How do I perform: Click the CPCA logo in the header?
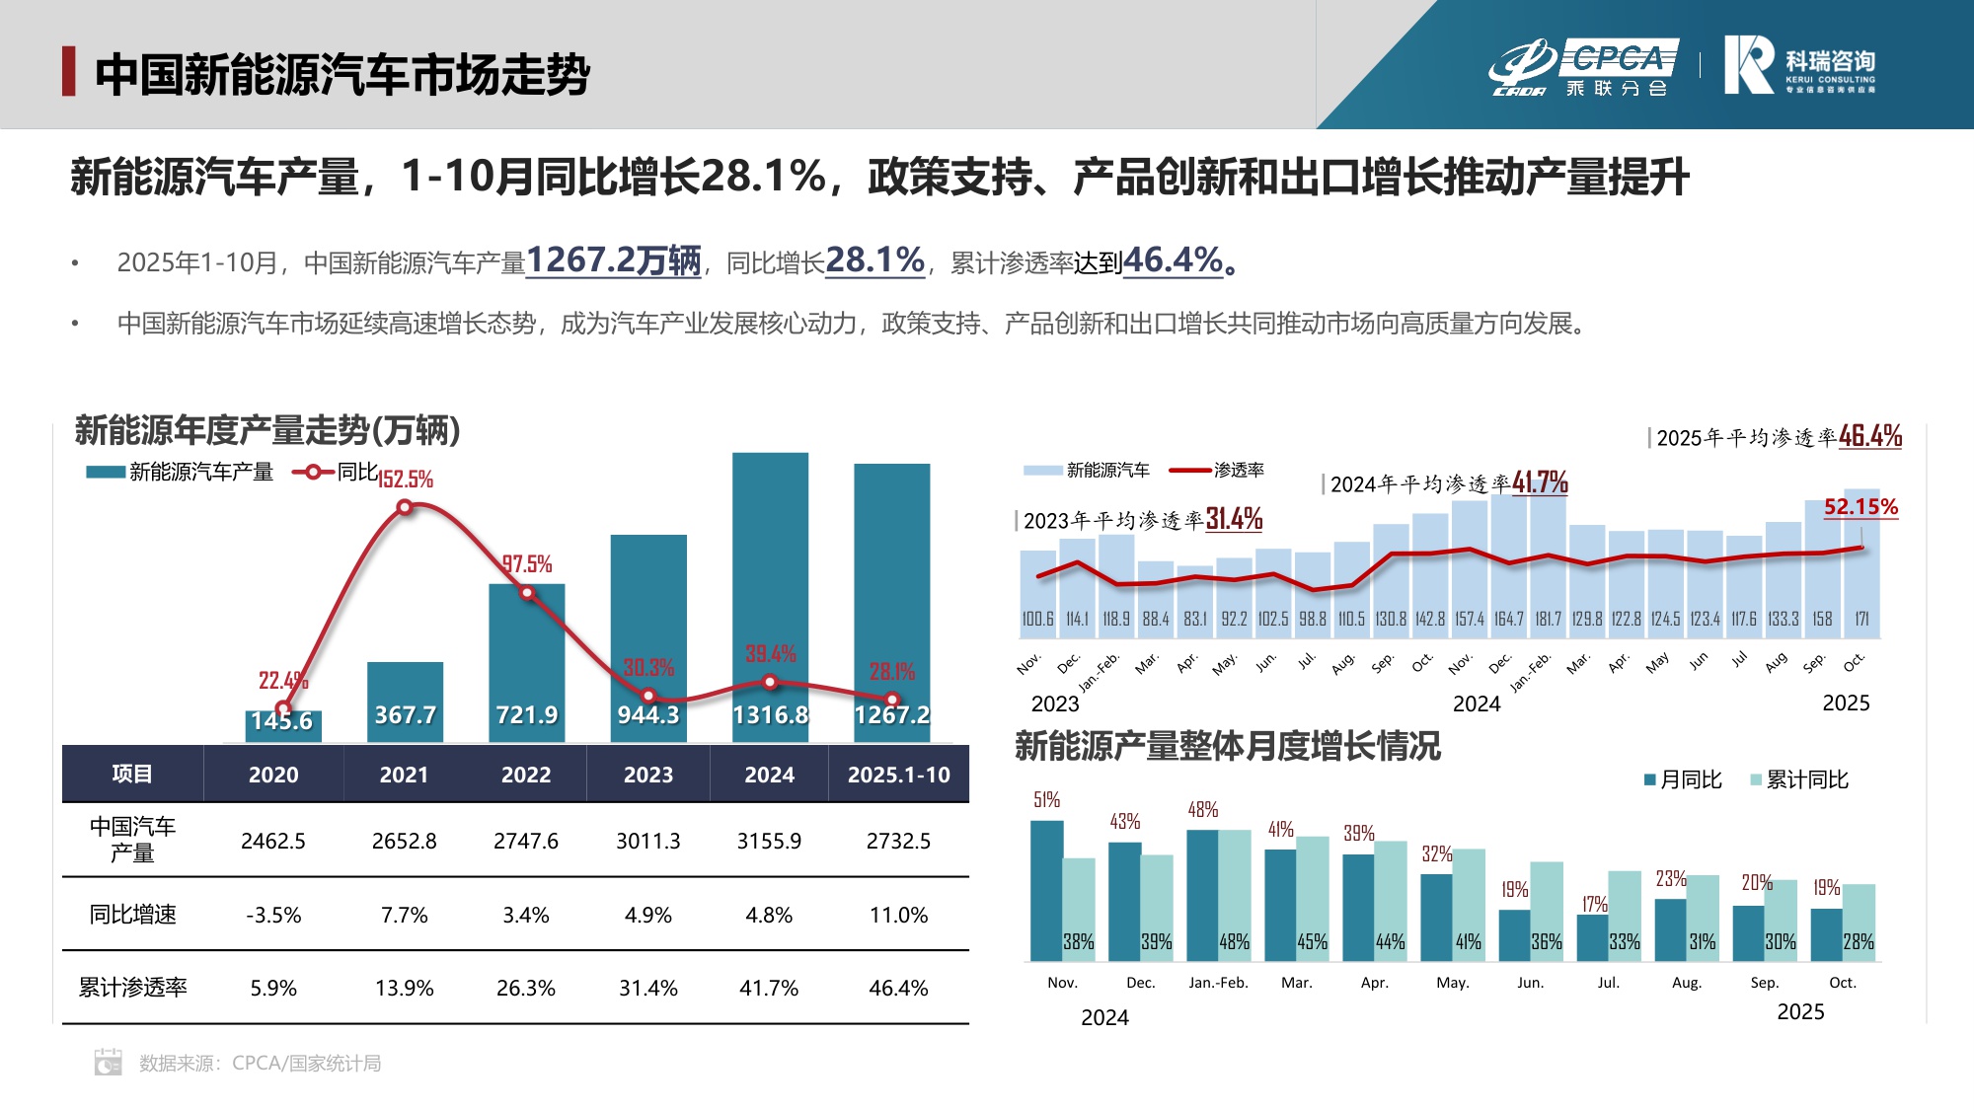click(1584, 67)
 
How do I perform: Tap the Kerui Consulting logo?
click(1798, 65)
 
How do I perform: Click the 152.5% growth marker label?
click(406, 480)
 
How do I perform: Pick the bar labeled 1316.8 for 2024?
click(770, 592)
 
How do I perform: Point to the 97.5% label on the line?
click(527, 564)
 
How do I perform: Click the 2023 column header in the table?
click(647, 775)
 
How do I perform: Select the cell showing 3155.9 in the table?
click(769, 841)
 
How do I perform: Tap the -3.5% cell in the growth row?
click(273, 915)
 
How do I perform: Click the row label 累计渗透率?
click(132, 988)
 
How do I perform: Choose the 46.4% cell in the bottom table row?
click(898, 988)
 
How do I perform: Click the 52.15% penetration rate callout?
click(1860, 507)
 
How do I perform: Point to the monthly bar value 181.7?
click(1548, 619)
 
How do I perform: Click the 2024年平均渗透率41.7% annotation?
click(1448, 483)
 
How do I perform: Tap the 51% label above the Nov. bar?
click(1046, 800)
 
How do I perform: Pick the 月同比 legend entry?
click(1682, 779)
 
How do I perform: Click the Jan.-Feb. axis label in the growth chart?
click(1218, 983)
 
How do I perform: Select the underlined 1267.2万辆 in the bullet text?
click(613, 260)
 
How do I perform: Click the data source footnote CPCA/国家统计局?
click(260, 1063)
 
